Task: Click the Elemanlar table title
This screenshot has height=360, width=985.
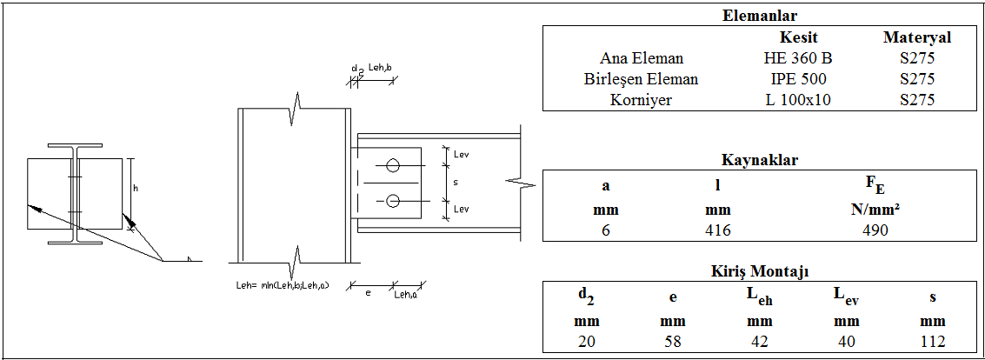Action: coord(760,16)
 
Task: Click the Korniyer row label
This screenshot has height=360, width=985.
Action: coord(642,100)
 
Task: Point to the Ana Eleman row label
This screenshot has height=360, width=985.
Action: coord(642,58)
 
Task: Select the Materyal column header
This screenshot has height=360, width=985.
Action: coord(917,37)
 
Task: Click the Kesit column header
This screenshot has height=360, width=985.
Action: coord(798,37)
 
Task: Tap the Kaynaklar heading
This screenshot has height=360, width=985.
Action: coord(760,160)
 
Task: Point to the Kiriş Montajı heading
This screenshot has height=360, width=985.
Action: coord(760,272)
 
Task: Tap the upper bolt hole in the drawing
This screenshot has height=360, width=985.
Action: coord(393,164)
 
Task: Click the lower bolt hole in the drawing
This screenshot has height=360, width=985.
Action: coord(393,201)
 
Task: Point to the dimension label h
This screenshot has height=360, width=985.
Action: coord(136,187)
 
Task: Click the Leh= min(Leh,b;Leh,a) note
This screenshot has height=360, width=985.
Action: coord(282,284)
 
